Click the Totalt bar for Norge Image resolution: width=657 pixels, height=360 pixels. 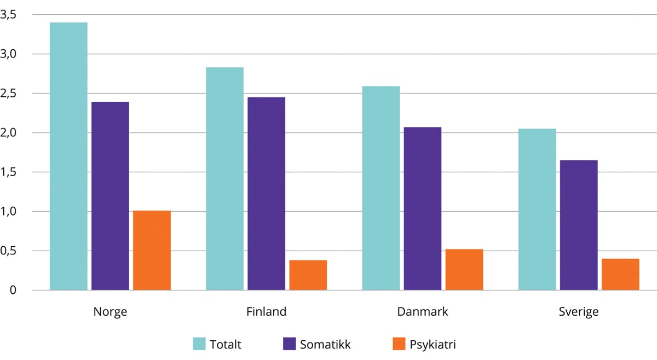pos(68,156)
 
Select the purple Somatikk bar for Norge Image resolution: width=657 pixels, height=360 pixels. pos(110,196)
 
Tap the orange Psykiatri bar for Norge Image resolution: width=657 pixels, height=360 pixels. pos(152,250)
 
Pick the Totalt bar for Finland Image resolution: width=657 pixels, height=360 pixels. pos(224,178)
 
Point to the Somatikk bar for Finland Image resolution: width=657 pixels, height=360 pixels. pos(266,193)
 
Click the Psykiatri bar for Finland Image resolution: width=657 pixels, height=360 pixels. pos(308,275)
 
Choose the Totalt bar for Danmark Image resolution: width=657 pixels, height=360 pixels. pos(381,188)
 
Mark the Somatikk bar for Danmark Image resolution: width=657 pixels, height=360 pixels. pos(423,208)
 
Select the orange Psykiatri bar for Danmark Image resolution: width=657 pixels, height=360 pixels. pos(464,269)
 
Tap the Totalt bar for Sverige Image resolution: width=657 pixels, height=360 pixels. pos(537,209)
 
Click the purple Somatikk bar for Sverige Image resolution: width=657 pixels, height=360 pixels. pos(579,225)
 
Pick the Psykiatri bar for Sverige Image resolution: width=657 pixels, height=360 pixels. pos(620,274)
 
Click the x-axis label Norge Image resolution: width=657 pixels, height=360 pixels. pos(110,312)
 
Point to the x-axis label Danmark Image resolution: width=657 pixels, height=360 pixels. pos(423,312)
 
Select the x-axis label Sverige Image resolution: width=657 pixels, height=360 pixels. pos(579,312)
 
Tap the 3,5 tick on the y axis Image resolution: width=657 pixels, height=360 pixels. pos(9,15)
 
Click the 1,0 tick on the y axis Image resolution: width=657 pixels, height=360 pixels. pos(9,211)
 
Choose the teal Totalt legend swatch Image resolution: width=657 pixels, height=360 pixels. pos(199,344)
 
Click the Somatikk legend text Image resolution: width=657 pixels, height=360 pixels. pos(325,345)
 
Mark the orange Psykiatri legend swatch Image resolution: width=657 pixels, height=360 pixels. pos(399,344)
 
